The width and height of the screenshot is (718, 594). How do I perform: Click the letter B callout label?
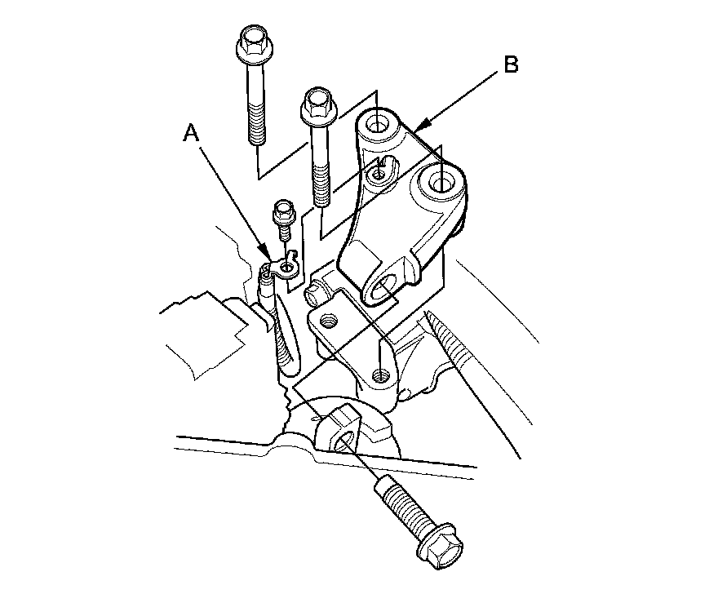pos(510,65)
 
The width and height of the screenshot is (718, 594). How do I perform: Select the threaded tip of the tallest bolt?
pos(256,134)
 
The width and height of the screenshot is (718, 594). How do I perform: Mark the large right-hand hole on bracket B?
pos(441,182)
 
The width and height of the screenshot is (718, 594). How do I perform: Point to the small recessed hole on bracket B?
pos(377,174)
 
